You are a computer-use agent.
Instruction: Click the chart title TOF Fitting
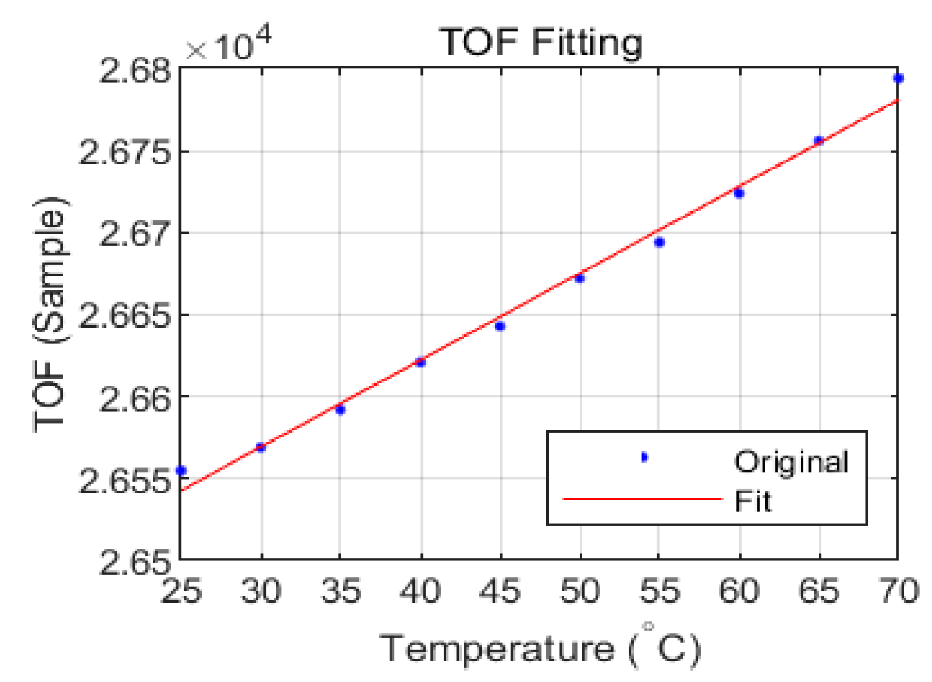tap(540, 42)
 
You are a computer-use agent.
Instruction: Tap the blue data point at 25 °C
tap(181, 471)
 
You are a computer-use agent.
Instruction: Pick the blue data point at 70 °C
tap(898, 79)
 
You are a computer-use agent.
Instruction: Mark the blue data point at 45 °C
tap(500, 326)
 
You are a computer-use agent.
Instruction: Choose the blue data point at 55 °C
tap(660, 243)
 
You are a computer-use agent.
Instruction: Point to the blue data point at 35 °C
tap(341, 410)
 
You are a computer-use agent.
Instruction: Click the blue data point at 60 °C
tap(739, 193)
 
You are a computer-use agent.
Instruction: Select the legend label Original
tap(791, 462)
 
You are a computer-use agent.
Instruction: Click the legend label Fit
tap(752, 501)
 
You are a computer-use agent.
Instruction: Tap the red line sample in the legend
tap(643, 499)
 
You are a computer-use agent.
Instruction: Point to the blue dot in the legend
tap(644, 457)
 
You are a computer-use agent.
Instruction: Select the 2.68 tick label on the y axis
tap(135, 71)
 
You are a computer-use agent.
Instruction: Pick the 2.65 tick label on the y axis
tap(135, 562)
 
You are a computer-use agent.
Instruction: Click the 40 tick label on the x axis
tap(420, 591)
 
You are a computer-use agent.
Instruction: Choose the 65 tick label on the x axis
tap(819, 591)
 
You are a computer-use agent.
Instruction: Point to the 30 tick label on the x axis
tap(261, 591)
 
